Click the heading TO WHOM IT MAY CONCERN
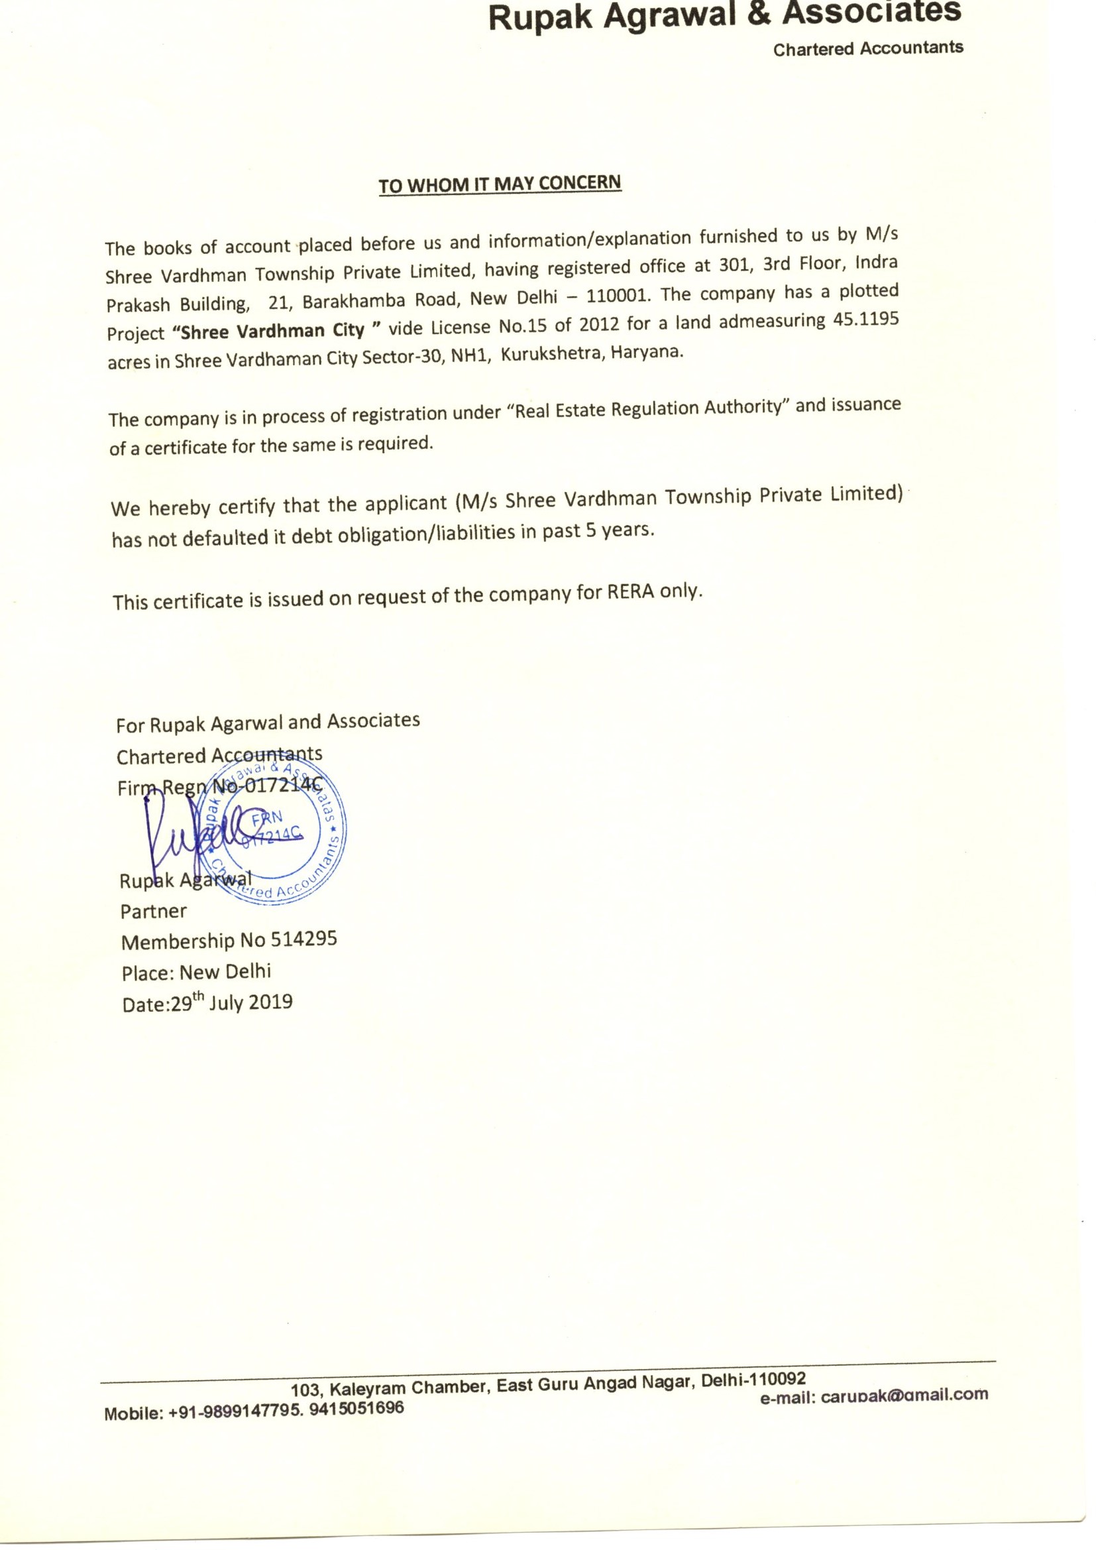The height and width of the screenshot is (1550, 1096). click(500, 184)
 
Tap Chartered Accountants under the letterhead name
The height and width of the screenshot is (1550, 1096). click(868, 48)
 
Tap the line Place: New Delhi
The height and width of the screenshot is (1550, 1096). click(196, 972)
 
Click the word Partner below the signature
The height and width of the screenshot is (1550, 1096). click(153, 912)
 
